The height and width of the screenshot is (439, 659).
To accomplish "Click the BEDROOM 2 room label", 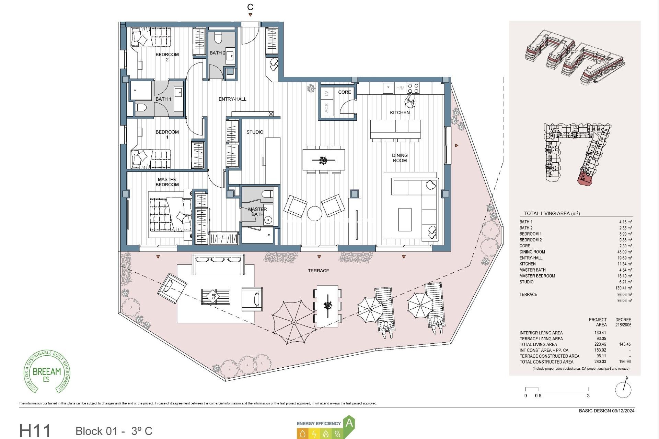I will tap(167, 57).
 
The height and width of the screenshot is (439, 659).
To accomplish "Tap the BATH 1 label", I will tap(163, 99).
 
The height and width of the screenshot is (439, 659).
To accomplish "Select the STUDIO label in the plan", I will tap(255, 132).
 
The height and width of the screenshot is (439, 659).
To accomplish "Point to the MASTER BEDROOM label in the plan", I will tap(167, 182).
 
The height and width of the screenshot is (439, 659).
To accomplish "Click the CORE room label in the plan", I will tap(344, 92).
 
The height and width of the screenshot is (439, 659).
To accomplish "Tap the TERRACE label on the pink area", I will tap(318, 271).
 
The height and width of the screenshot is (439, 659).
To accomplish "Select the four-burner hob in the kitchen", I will tap(413, 88).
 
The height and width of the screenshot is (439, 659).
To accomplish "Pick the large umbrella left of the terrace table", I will tap(294, 322).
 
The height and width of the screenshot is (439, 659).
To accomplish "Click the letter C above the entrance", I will tap(250, 7).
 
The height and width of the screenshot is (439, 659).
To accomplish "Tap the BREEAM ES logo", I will tap(47, 372).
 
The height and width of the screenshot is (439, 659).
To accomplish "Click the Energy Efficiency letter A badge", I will tap(349, 423).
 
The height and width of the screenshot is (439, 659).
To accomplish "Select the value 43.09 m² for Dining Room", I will tap(624, 252).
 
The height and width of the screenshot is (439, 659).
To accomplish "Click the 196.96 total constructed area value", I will tap(625, 361).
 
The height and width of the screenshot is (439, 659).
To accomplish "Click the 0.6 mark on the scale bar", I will tap(538, 395).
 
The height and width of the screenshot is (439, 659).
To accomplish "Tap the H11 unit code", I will tap(35, 430).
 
